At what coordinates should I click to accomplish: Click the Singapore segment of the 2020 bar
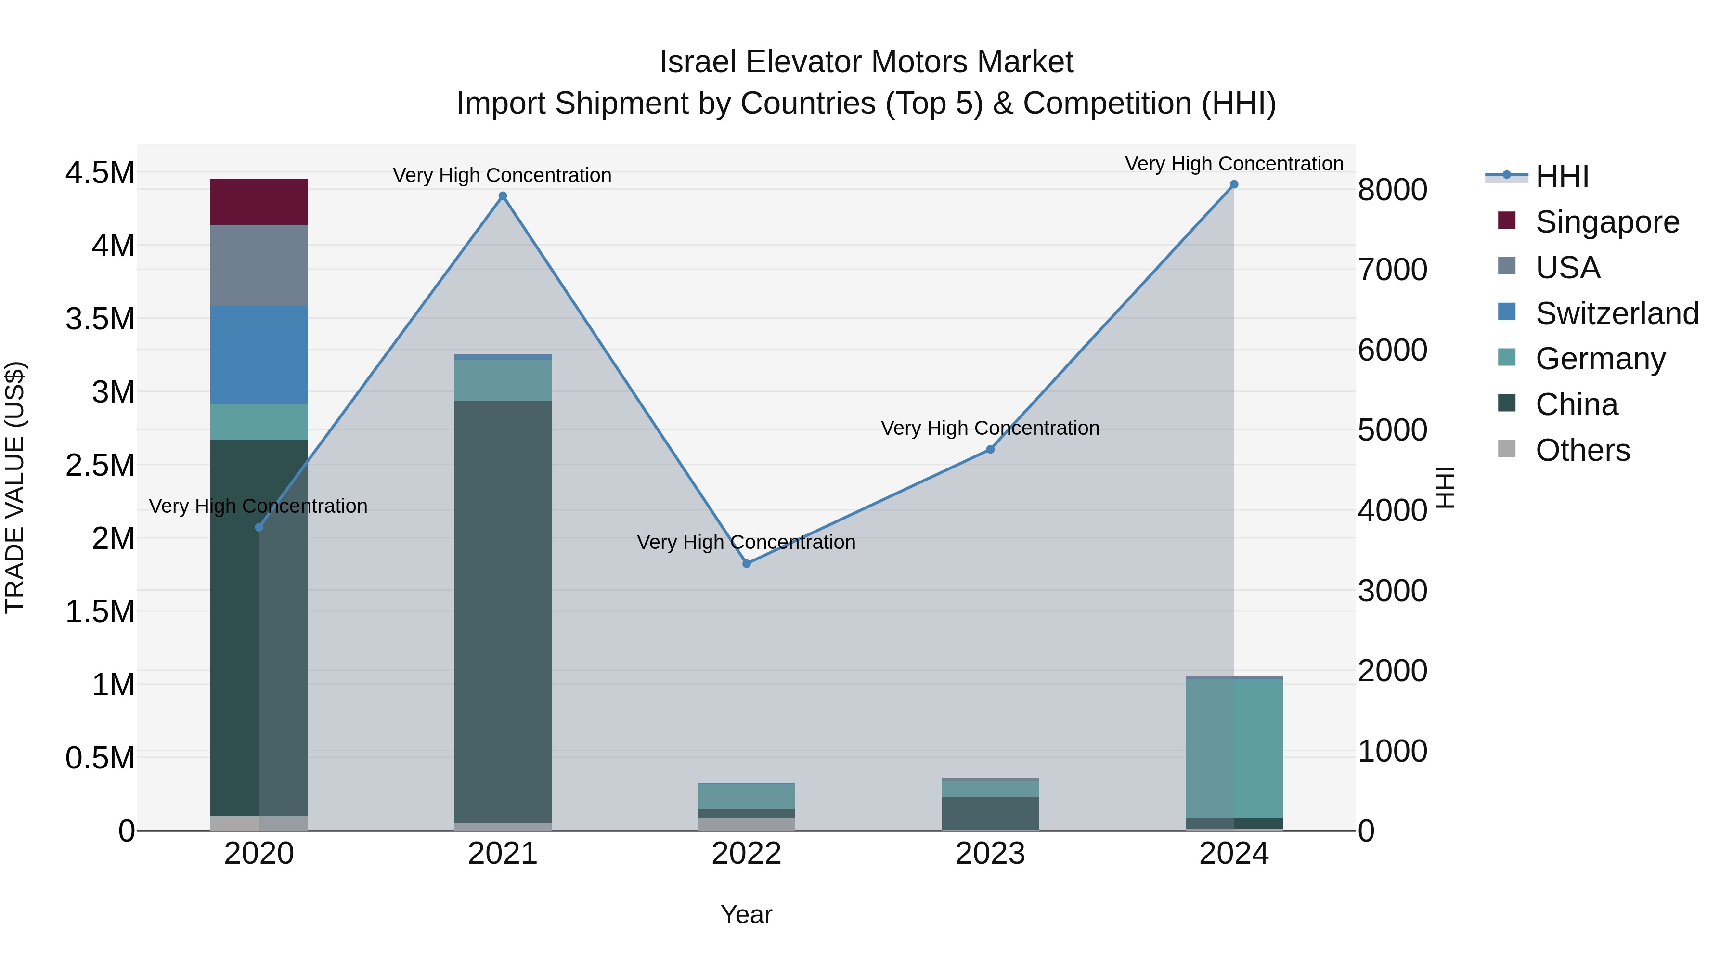(259, 202)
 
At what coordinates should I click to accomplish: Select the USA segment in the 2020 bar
(259, 265)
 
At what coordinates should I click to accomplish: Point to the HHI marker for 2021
(503, 196)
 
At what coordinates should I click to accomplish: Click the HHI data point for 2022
(746, 563)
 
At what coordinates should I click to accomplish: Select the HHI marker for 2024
(1234, 184)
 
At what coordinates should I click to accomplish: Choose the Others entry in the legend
(1582, 450)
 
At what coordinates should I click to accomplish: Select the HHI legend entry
(1562, 176)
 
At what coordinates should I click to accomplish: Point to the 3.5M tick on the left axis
(100, 319)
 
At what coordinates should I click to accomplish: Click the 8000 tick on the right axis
(1392, 190)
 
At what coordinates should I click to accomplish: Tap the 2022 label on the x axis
(746, 854)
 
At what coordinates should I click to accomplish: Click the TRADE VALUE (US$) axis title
(15, 487)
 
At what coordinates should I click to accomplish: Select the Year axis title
(746, 914)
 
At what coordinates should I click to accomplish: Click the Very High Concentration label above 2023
(990, 428)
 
